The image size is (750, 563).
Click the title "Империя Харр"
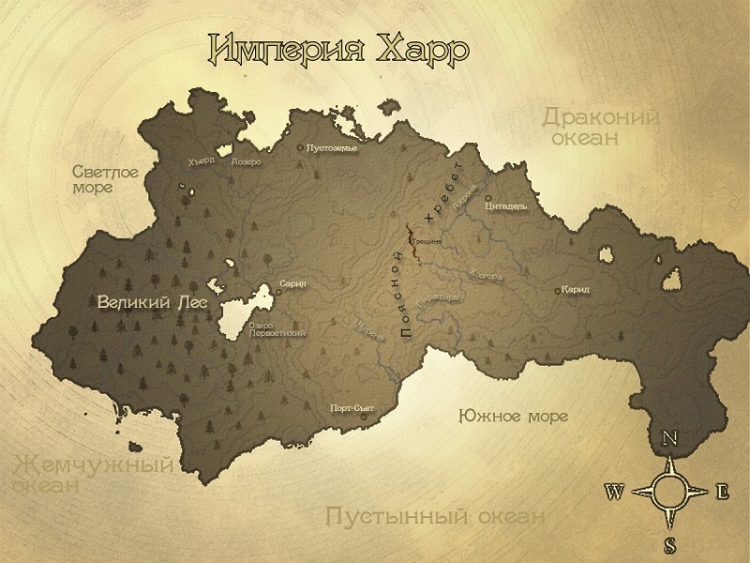click(338, 49)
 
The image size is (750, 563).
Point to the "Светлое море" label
click(106, 179)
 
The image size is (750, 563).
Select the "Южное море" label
click(513, 416)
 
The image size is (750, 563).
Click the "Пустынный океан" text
click(435, 516)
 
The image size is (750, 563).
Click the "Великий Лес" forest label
click(151, 302)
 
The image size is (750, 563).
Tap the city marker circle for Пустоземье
click(300, 147)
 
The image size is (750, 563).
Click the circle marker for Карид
click(559, 290)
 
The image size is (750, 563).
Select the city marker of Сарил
click(278, 292)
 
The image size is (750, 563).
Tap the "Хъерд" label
click(201, 160)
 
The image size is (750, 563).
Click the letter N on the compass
click(670, 438)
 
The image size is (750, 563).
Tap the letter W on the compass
click(615, 491)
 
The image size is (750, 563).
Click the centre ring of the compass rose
click(669, 491)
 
